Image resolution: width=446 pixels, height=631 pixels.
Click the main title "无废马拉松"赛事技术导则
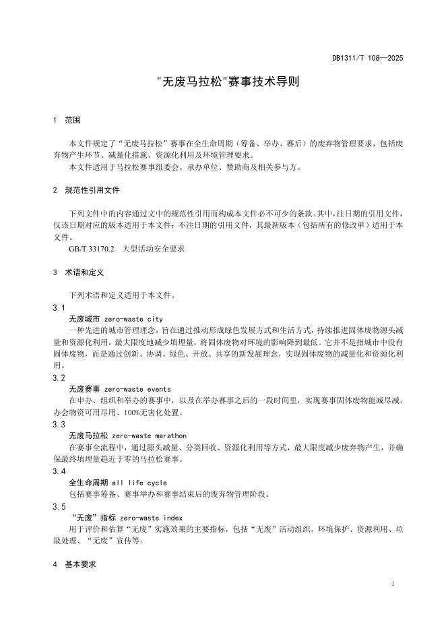[222, 84]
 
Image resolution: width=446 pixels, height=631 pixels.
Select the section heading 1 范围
[67, 120]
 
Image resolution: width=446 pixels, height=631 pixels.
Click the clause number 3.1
[59, 307]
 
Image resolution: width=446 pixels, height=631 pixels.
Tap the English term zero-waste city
[134, 318]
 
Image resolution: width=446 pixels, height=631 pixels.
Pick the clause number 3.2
[59, 378]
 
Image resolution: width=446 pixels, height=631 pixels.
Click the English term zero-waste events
[138, 389]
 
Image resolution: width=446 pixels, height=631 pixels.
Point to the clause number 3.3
[59, 424]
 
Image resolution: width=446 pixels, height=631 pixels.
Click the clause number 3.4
[59, 471]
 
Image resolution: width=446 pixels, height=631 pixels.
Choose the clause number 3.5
[59, 506]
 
